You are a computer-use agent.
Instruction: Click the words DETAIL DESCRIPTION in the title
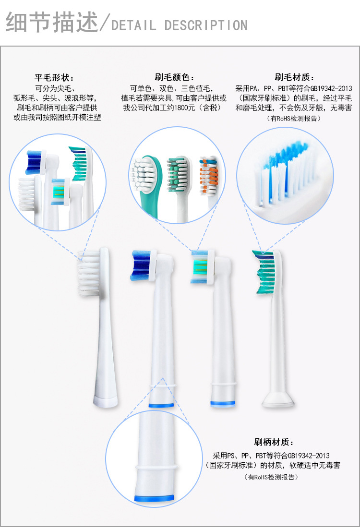coord(179,25)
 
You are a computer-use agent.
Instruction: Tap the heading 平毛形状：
coord(54,78)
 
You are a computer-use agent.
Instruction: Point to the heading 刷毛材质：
coord(294,78)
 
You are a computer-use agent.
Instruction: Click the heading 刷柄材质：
coord(274,442)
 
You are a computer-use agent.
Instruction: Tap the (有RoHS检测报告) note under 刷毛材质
coord(294,119)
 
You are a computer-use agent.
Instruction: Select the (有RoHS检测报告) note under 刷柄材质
coord(271,477)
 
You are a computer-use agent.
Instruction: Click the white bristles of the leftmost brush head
coord(89,274)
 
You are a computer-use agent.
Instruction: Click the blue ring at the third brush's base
coord(224,402)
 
